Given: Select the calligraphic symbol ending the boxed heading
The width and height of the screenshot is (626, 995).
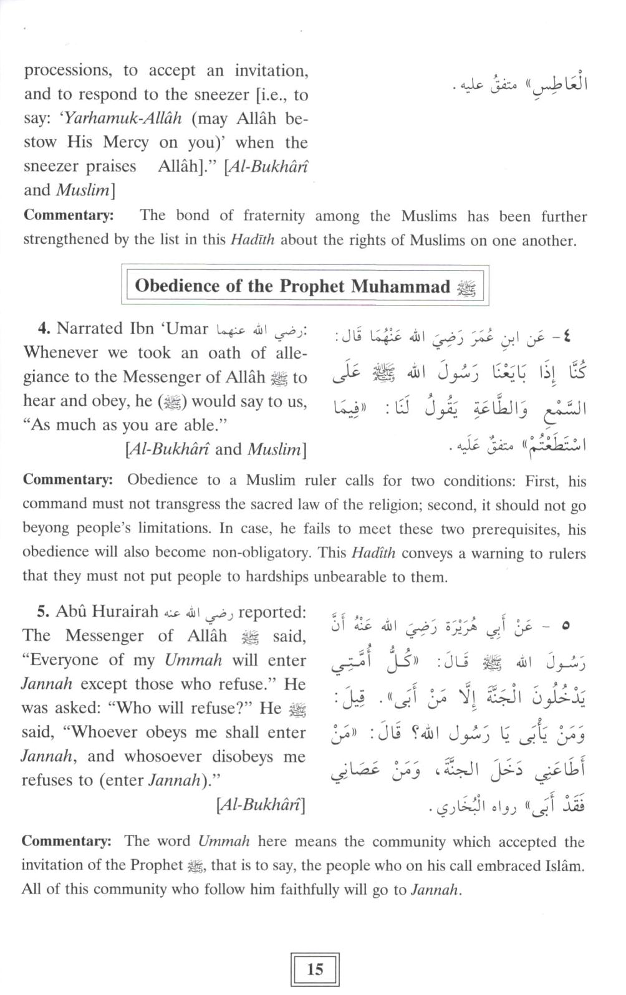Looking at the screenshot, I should tap(466, 287).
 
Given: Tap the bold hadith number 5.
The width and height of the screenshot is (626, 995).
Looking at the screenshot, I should tap(42, 612).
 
